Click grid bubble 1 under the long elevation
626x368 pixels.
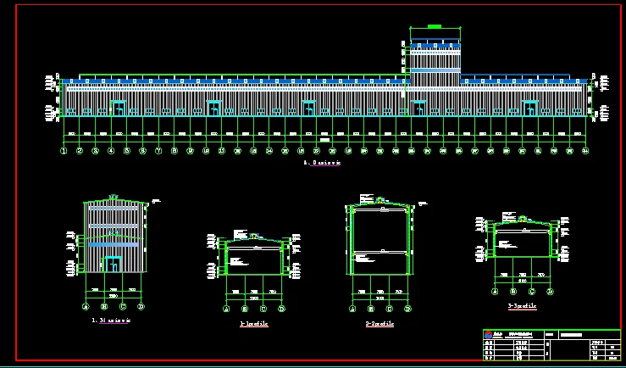[x=64, y=151]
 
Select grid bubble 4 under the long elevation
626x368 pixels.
[x=111, y=151]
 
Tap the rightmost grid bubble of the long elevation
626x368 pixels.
[x=585, y=151]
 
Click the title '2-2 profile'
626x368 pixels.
[x=379, y=324]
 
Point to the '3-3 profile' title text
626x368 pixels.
[x=522, y=306]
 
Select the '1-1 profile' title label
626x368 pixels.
[x=254, y=324]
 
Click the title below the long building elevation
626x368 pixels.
[x=321, y=162]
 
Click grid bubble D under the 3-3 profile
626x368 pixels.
[x=550, y=291]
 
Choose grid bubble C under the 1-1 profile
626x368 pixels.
[x=263, y=309]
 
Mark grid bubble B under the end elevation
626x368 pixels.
[x=104, y=306]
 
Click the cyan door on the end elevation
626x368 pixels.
[x=113, y=264]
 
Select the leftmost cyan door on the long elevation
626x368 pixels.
[x=118, y=109]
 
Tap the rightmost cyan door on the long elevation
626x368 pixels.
[x=530, y=109]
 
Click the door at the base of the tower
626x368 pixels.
[x=418, y=109]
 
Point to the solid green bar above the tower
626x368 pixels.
[x=435, y=27]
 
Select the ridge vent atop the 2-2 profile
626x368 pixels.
[x=382, y=204]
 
